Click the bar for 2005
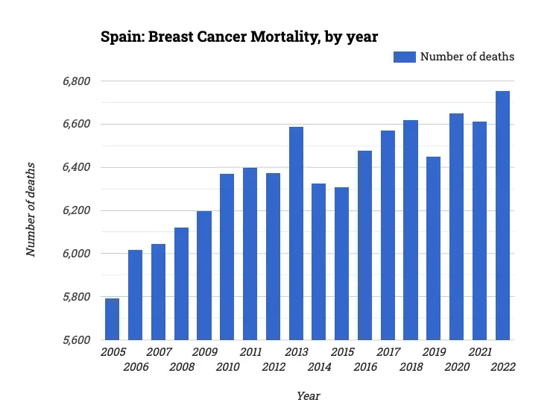click(x=112, y=319)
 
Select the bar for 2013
click(x=296, y=233)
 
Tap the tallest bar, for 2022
click(x=503, y=216)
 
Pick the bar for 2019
click(x=434, y=248)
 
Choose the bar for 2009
click(x=204, y=275)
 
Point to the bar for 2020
click(x=457, y=227)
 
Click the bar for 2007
click(x=158, y=292)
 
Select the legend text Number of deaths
click(x=467, y=57)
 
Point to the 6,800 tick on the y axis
click(x=75, y=81)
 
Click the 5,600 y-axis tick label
click(x=75, y=340)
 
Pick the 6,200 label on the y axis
click(x=75, y=210)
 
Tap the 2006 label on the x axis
click(x=136, y=366)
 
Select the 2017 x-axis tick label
click(x=388, y=352)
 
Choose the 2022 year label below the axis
click(x=503, y=366)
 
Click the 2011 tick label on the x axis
click(x=250, y=352)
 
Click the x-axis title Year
click(x=308, y=396)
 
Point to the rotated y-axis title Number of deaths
click(x=31, y=209)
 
